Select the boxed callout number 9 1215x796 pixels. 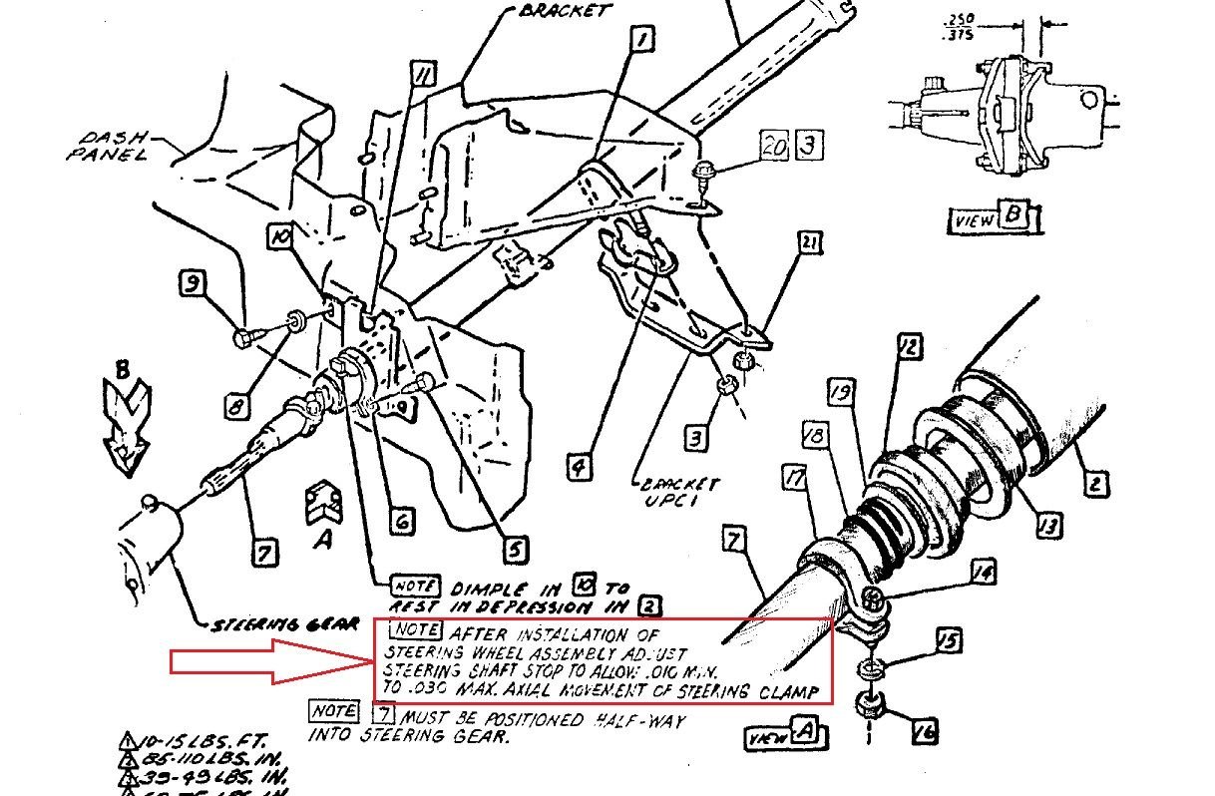192,285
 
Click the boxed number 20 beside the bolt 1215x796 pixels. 773,146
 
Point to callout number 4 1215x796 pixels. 578,464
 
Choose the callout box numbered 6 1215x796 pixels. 400,521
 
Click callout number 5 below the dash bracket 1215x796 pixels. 516,548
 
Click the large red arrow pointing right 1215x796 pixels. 270,662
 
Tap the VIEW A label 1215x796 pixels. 789,736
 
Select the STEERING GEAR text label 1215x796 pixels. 284,625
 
